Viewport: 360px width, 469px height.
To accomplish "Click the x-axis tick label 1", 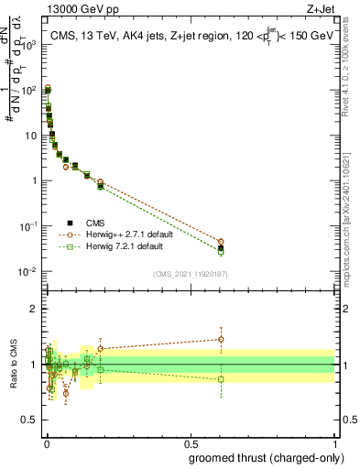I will [x=335, y=442].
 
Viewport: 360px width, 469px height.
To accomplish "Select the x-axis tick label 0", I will [x=46, y=442].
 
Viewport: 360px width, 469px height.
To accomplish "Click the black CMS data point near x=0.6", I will [x=221, y=248].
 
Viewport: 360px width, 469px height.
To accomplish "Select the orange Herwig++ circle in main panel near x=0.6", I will [x=221, y=242].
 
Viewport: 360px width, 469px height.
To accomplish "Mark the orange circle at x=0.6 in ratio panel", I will [x=221, y=339].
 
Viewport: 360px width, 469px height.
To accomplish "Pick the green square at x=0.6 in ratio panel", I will [x=221, y=379].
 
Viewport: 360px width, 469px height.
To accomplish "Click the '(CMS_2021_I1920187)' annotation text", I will [x=190, y=274].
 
